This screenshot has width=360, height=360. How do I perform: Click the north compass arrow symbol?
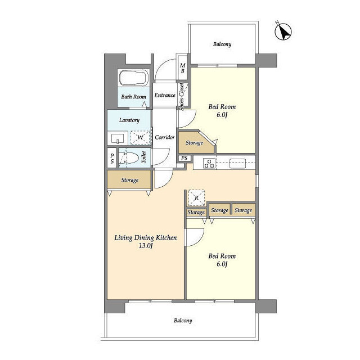(283, 31)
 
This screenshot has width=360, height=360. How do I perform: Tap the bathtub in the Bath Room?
(134, 78)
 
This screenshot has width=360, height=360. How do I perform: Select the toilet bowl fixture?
(129, 157)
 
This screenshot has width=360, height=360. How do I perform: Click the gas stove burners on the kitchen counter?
(209, 163)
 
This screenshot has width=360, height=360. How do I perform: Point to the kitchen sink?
(237, 163)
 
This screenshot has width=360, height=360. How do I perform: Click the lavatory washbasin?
(118, 138)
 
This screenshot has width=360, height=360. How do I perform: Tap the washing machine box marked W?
(140, 137)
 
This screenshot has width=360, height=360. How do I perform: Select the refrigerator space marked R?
(196, 197)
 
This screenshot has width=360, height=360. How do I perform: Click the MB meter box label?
(183, 68)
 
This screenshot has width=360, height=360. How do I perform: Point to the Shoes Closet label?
(182, 97)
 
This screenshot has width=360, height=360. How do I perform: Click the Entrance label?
(165, 95)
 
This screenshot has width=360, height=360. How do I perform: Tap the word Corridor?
(165, 137)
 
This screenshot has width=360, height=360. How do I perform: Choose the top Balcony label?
(222, 44)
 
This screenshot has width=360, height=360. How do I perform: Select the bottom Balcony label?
(183, 321)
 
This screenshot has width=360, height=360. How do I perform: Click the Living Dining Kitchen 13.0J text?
(146, 241)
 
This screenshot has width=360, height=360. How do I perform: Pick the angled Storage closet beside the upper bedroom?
(196, 142)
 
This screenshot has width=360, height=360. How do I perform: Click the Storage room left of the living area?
(129, 180)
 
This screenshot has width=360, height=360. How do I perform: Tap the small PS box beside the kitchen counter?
(184, 158)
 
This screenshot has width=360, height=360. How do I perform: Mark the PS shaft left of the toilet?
(112, 158)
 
